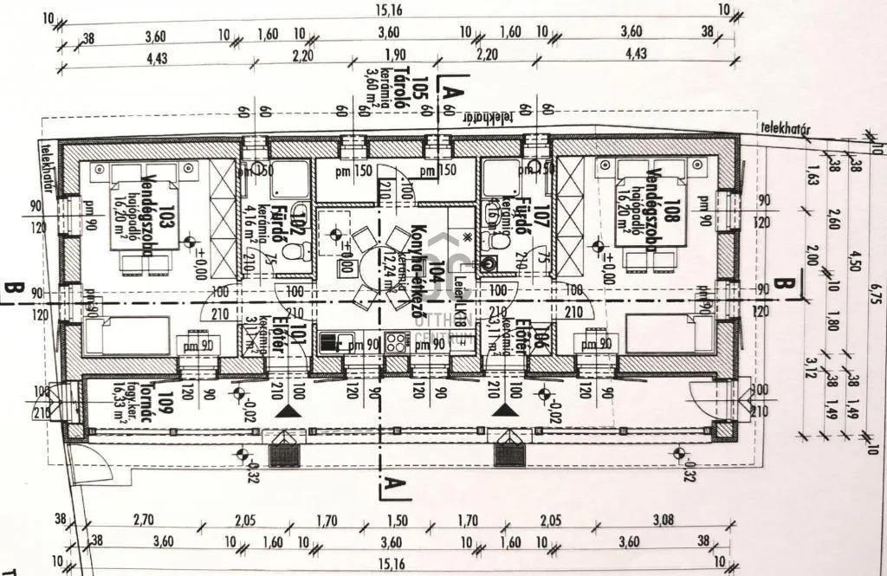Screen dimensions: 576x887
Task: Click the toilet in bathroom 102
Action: pos(294,253)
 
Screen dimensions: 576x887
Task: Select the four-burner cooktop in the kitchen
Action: pos(394,343)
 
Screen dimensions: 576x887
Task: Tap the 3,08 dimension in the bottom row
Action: pos(662,521)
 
